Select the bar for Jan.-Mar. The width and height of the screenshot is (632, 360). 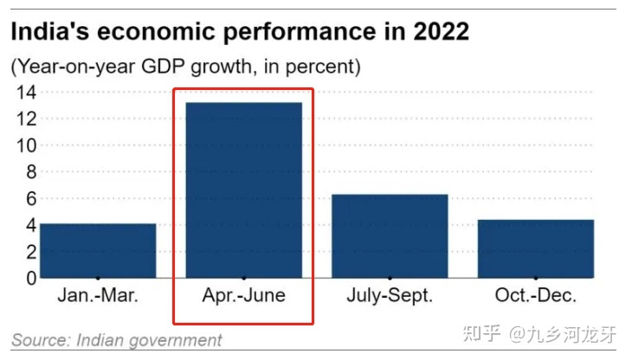(98, 250)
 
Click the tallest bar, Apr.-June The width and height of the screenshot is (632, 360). (243, 190)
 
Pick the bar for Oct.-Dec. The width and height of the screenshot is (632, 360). (535, 248)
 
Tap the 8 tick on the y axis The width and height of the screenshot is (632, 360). (29, 171)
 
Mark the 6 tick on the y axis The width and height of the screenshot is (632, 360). (29, 198)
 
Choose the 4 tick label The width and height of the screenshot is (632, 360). (29, 225)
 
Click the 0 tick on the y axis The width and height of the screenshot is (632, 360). (29, 278)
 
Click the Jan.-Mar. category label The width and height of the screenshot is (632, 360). (98, 296)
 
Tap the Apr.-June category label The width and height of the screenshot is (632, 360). (243, 296)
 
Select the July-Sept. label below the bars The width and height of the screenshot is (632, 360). (389, 296)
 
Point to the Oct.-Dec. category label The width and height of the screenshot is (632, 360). (535, 296)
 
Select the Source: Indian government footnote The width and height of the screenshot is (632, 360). (116, 340)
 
